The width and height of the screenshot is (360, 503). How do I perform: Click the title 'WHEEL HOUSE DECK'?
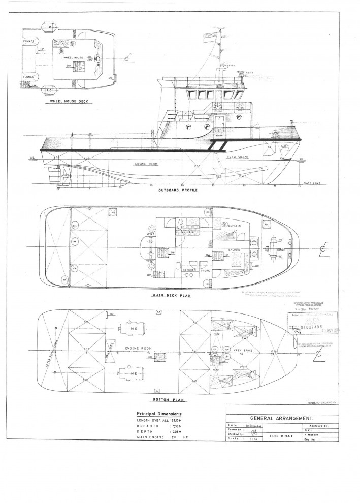click(66, 101)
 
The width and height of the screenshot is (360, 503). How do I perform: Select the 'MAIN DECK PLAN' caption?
click(168, 295)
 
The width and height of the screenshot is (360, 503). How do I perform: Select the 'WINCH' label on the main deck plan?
click(281, 250)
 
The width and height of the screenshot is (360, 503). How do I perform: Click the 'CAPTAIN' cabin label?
click(234, 225)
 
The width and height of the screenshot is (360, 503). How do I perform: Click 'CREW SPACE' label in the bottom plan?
click(235, 351)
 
